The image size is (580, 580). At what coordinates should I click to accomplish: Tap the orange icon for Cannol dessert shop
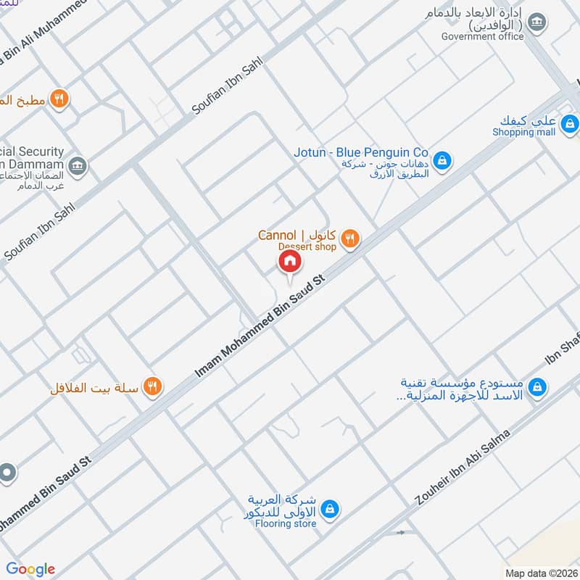pos(350,237)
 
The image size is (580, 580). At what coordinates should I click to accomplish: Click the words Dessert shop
pos(308,247)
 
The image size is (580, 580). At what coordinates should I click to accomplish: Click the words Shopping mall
pos(523,132)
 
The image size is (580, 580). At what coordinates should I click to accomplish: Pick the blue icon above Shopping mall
pos(570,123)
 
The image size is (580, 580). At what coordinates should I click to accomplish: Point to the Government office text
pos(482,36)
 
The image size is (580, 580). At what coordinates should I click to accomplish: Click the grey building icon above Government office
pos(536,23)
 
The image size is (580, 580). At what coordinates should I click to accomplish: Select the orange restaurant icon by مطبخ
pos(60,99)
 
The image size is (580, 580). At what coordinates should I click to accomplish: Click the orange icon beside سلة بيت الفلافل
pos(152,386)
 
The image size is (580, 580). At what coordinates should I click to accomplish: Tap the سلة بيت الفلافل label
pos(95,388)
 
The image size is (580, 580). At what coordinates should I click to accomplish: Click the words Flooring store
pos(286,523)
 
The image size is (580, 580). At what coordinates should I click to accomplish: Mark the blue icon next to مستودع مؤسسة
pos(536,388)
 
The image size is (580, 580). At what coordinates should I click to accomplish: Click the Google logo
pos(30,569)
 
